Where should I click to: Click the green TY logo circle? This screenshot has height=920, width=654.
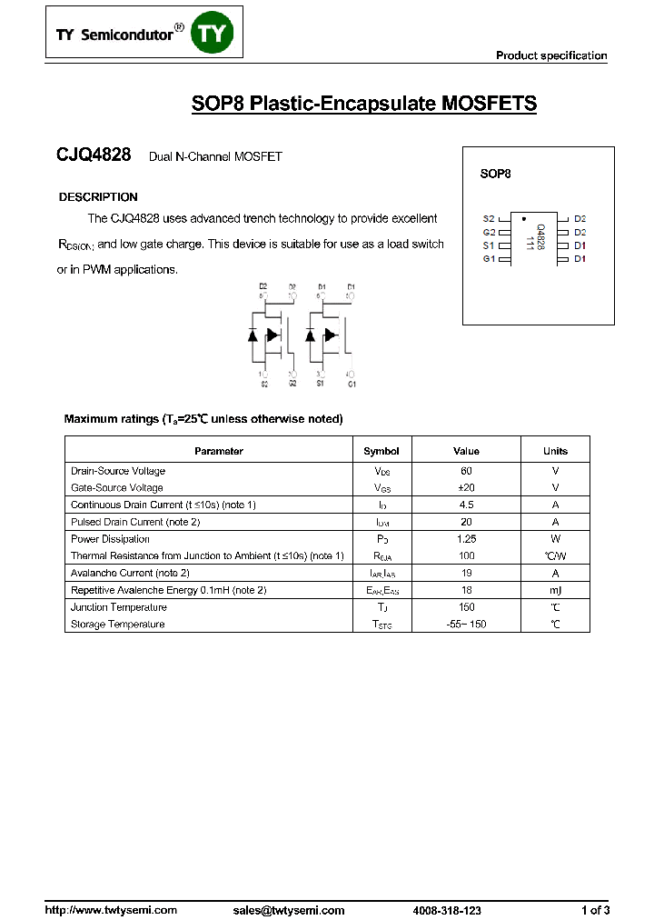click(x=217, y=35)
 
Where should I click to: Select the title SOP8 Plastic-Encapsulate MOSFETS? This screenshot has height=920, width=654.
click(x=363, y=104)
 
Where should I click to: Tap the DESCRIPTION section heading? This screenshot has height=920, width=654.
click(x=98, y=197)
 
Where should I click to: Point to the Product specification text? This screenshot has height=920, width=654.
click(x=550, y=55)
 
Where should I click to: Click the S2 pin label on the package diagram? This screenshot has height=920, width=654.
click(x=489, y=219)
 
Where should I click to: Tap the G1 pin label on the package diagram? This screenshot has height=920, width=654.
click(x=489, y=259)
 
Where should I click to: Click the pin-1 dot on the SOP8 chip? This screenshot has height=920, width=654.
click(x=523, y=218)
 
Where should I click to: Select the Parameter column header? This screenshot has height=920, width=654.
click(x=219, y=451)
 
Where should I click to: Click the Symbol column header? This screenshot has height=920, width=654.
click(x=381, y=451)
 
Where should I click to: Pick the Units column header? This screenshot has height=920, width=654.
click(x=555, y=451)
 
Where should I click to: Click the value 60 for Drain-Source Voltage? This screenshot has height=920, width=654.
click(x=466, y=471)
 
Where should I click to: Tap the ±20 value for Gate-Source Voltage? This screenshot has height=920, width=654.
click(x=466, y=488)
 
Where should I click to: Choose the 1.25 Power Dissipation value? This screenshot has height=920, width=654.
click(x=466, y=539)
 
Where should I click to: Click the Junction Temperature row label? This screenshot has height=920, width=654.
click(x=119, y=607)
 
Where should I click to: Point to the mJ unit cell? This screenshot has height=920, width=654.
click(x=555, y=590)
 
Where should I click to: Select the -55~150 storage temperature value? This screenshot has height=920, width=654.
click(x=466, y=625)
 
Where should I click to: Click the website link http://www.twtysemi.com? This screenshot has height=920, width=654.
click(x=111, y=910)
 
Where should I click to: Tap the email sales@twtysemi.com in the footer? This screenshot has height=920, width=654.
click(x=289, y=910)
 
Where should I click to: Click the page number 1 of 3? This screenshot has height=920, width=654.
click(x=595, y=910)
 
